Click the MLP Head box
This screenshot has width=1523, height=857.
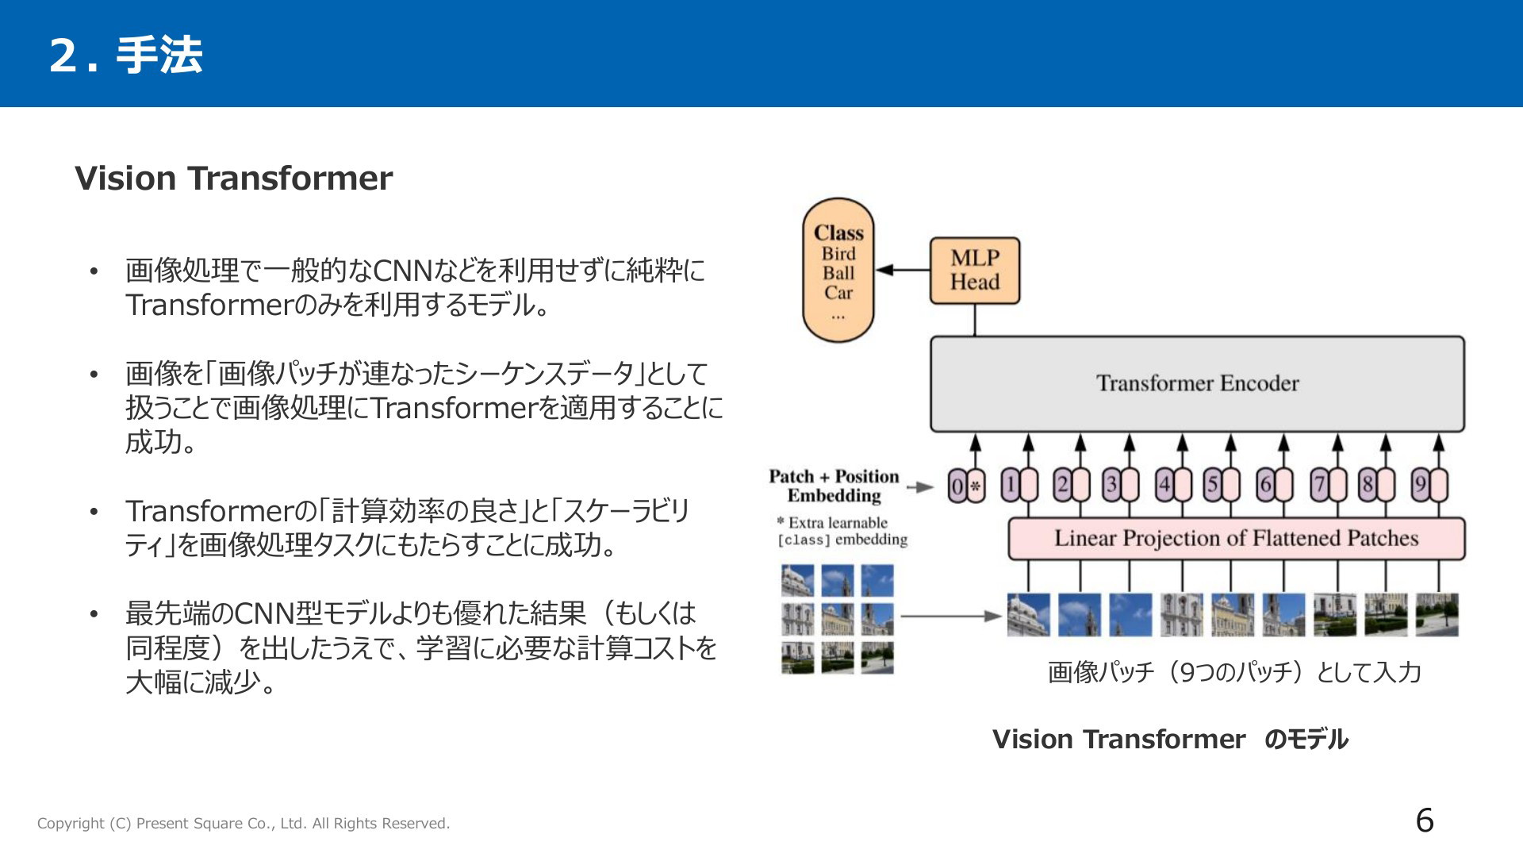point(975,271)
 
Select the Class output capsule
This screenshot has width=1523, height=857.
point(838,271)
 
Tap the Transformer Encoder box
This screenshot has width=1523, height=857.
point(1197,384)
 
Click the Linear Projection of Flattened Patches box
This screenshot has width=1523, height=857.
point(1236,539)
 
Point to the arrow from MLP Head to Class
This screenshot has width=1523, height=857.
point(903,270)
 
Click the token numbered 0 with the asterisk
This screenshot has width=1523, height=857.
point(967,486)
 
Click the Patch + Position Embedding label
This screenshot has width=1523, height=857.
point(834,486)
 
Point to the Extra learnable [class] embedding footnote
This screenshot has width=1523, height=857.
point(842,531)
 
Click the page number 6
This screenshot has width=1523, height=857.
point(1425,820)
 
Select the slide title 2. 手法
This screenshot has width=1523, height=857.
point(126,56)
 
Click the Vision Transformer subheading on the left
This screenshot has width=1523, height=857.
point(233,179)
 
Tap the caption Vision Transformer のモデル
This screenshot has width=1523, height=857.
point(1170,740)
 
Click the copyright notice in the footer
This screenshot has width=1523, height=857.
point(244,824)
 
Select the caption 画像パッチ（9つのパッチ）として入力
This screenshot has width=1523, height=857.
point(1234,672)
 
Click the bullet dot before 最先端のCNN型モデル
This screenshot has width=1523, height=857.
point(94,614)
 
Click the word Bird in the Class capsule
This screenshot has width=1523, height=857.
point(838,254)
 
